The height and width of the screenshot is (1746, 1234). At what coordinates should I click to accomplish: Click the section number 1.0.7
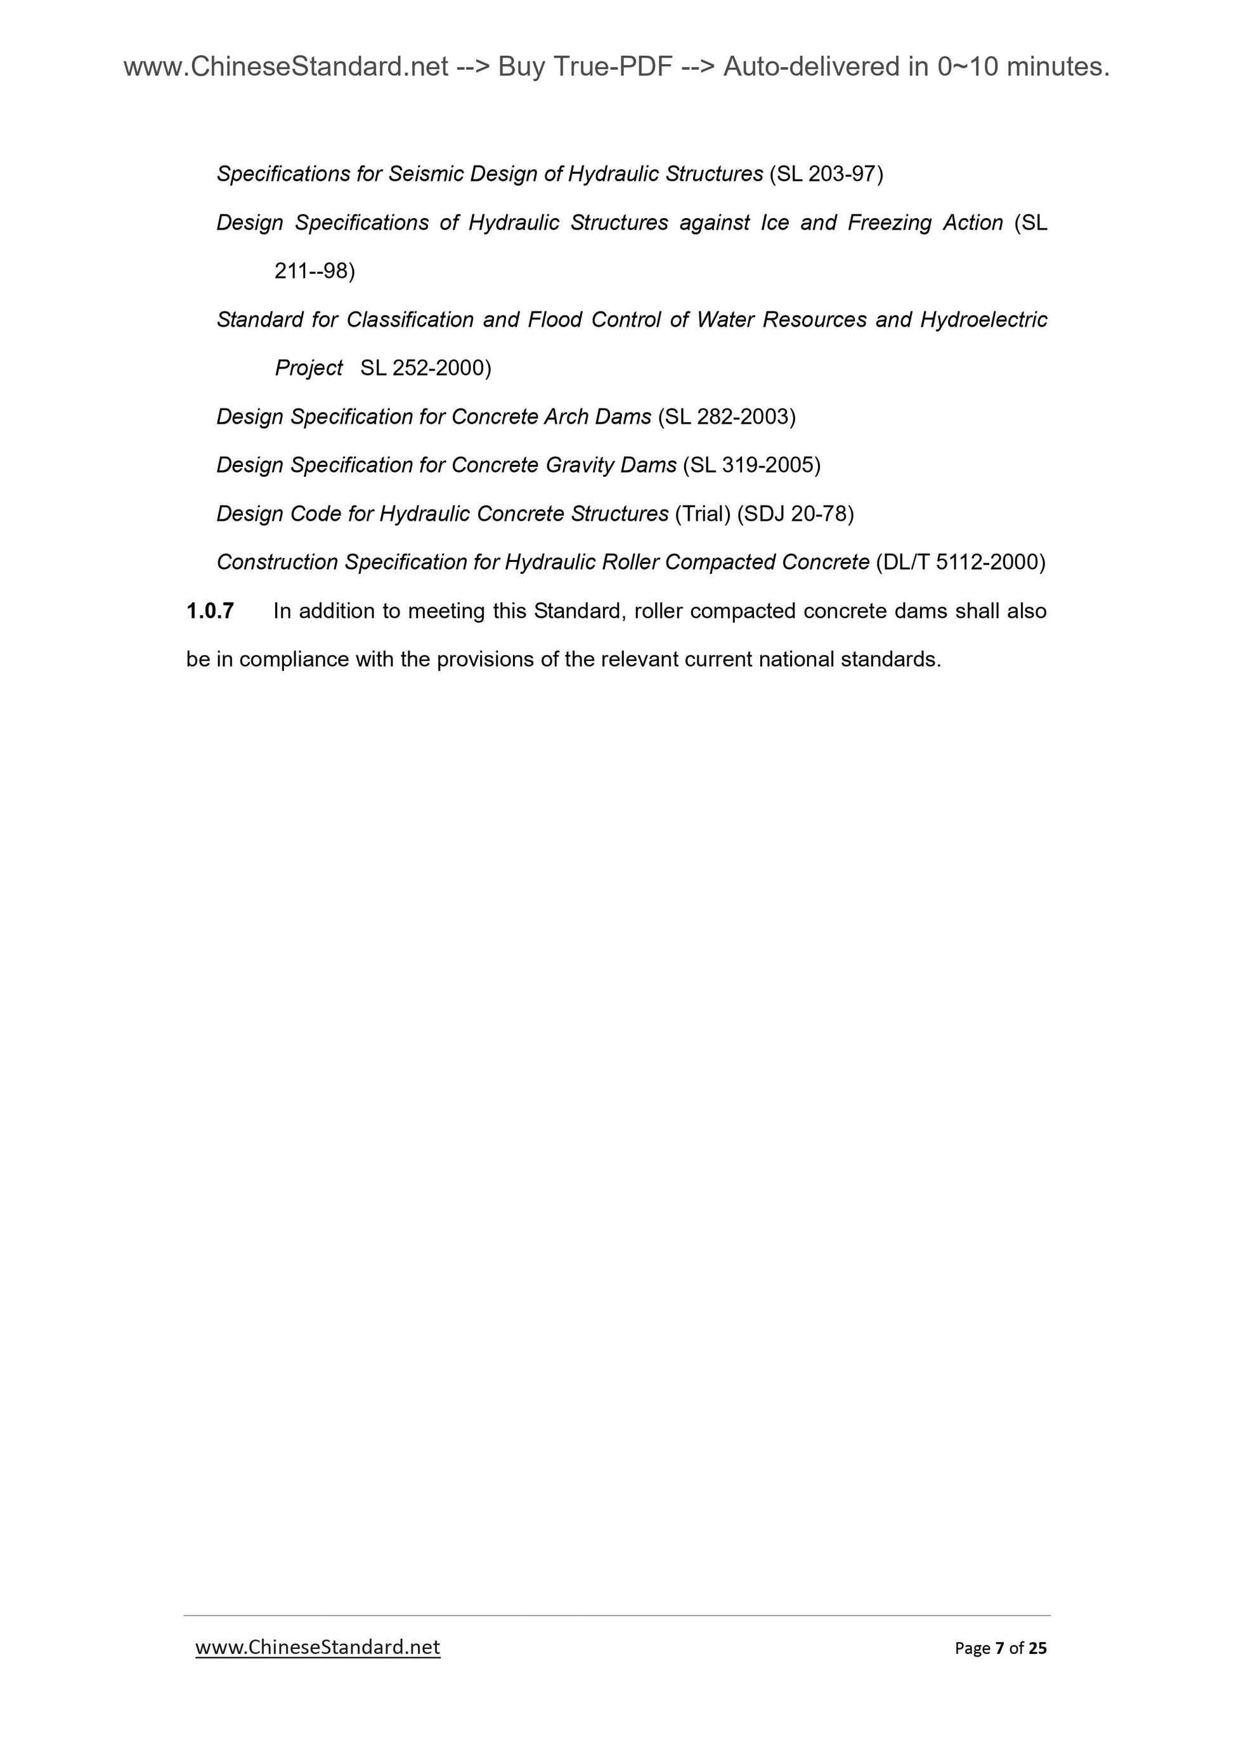(x=210, y=611)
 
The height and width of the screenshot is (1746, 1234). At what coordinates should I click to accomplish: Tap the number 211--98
(x=314, y=271)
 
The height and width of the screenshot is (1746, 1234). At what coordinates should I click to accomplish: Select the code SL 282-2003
(x=726, y=417)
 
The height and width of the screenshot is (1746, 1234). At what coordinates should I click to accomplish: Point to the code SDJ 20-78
(x=795, y=514)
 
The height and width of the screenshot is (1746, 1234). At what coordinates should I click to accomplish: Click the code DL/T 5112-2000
(x=960, y=562)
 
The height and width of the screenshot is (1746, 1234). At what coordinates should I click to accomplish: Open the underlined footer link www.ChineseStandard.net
(x=318, y=1647)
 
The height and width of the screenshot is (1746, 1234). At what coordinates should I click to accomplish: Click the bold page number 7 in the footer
(x=999, y=1648)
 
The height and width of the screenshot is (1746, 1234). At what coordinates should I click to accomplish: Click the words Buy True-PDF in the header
(x=585, y=68)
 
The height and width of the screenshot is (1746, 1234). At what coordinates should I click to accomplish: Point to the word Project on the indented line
(x=309, y=368)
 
